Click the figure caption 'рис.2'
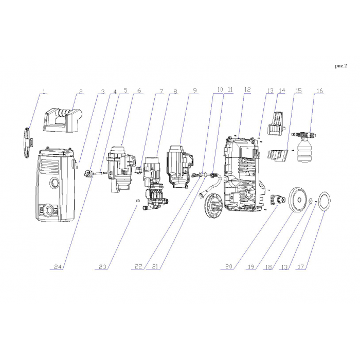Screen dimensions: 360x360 (x=340, y=66)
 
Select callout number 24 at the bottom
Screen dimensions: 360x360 (x=58, y=267)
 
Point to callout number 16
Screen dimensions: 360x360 (x=319, y=91)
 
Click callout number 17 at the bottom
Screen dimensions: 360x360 (x=300, y=267)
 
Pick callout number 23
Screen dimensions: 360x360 (x=103, y=267)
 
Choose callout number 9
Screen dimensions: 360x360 (x=195, y=90)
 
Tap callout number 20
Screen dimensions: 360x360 (x=229, y=266)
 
